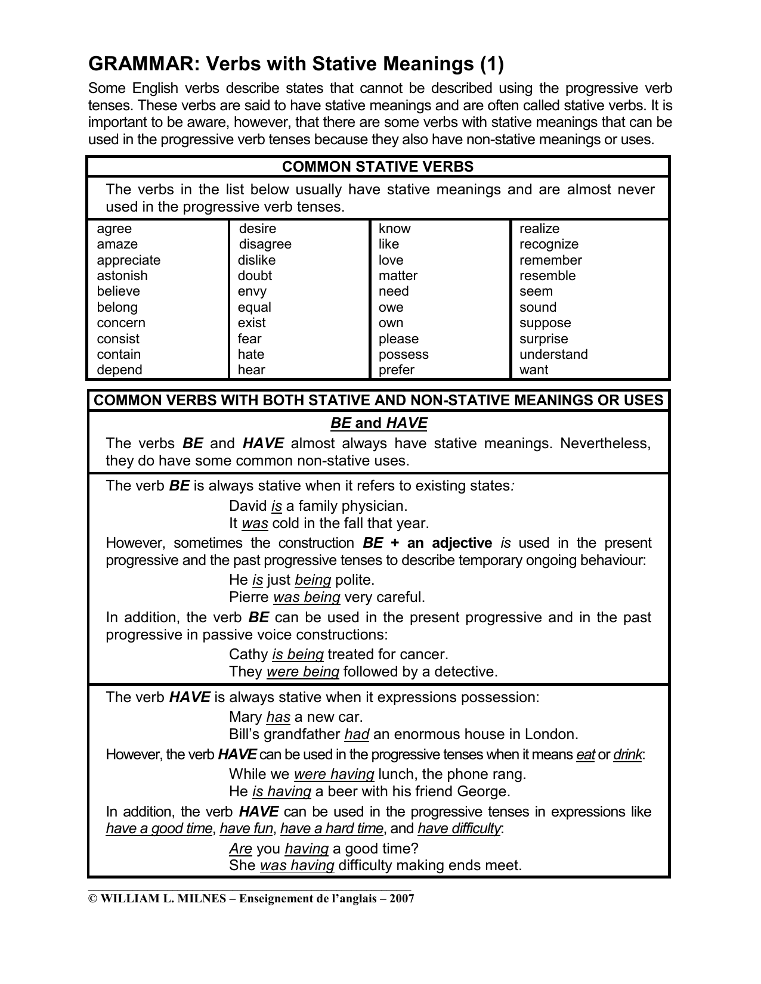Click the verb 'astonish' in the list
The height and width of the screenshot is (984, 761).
coord(122,276)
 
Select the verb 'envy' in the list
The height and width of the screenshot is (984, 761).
coord(252,291)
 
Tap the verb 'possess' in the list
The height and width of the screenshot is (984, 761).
coord(403,355)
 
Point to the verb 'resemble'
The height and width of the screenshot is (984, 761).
coord(547,276)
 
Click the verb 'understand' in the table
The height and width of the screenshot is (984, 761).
coord(553,355)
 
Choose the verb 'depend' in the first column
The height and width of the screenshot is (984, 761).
coord(119,370)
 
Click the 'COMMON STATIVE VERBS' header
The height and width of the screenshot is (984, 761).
coord(378,167)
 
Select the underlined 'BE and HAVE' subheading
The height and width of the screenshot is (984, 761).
coord(379,423)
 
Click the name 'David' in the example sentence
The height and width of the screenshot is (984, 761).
coord(248,506)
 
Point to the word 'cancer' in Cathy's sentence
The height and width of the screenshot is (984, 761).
coord(424,654)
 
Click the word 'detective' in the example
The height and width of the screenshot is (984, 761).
coord(465,672)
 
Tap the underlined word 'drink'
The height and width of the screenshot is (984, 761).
coord(627,755)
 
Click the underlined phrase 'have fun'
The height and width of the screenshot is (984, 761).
coord(246,828)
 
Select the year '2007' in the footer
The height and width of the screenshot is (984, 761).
coord(401,898)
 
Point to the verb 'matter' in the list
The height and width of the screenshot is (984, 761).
coord(398,276)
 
